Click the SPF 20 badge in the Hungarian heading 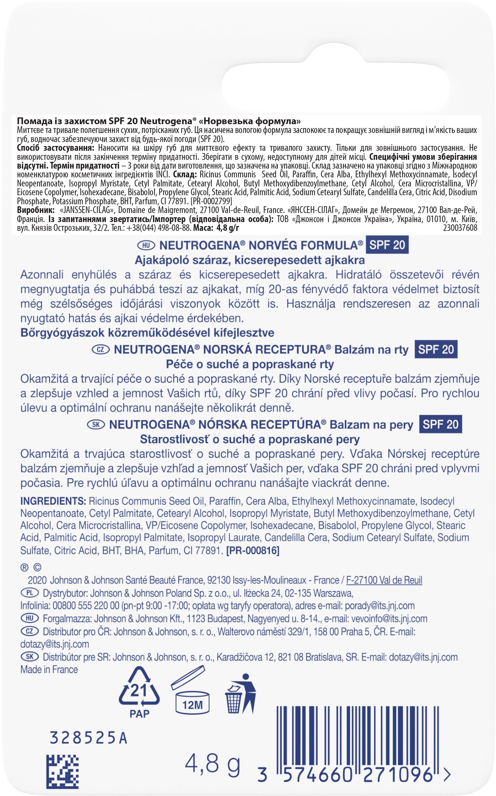click(x=387, y=245)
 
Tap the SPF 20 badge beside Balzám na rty click(x=436, y=349)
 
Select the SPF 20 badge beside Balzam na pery click(x=441, y=424)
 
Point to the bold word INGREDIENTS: click(x=53, y=501)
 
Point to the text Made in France click(x=49, y=670)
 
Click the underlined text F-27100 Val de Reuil click(x=384, y=580)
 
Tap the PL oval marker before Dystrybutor click(x=29, y=593)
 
